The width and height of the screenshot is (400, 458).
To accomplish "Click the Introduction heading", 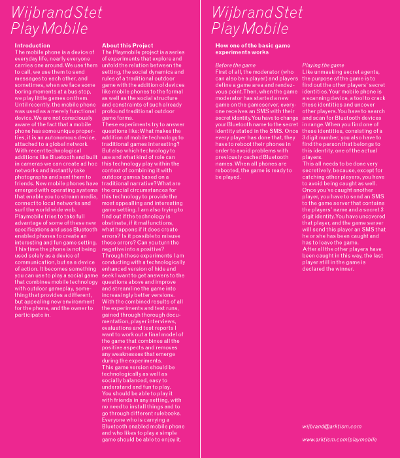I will (x=32, y=45).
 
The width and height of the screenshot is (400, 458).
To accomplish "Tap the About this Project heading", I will (x=128, y=45).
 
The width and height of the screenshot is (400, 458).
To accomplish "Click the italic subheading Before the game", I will (x=235, y=65).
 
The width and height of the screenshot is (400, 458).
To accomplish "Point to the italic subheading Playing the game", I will (x=323, y=65).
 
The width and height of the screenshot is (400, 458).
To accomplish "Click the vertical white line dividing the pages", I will (x=201, y=229).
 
